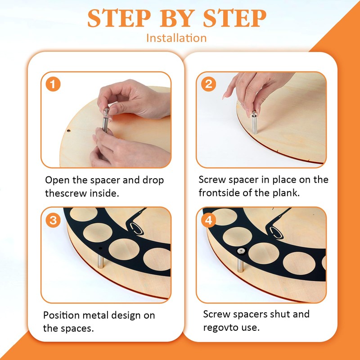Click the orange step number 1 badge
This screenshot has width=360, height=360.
[x=53, y=84]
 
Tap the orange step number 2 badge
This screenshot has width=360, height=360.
[x=208, y=84]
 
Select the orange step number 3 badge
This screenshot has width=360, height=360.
[x=53, y=220]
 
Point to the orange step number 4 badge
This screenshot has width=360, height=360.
[x=208, y=220]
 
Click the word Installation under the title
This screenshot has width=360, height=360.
[x=176, y=38]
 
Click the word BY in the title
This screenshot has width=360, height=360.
[x=176, y=18]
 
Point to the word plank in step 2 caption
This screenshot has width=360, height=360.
[x=286, y=193]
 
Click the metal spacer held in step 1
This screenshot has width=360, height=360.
[x=106, y=120]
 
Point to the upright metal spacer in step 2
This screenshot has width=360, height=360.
[x=254, y=122]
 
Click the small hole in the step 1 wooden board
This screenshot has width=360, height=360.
[x=68, y=131]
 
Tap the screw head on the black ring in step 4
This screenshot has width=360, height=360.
[x=241, y=251]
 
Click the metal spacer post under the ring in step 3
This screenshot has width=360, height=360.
[x=100, y=261]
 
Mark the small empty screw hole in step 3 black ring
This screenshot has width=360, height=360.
[x=100, y=248]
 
